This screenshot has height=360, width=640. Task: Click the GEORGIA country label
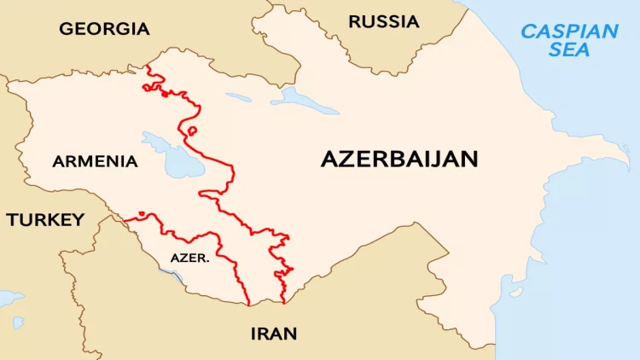point(104,29)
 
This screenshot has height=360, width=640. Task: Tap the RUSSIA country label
point(384,21)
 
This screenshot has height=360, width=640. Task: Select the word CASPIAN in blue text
point(569,32)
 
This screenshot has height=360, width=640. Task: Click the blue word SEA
point(569,50)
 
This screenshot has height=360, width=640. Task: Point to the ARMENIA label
point(95,161)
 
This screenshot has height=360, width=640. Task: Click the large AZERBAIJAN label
point(399,159)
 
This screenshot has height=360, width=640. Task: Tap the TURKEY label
point(45,220)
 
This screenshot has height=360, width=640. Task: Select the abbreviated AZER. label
point(190,257)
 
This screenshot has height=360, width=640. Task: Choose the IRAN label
point(274,334)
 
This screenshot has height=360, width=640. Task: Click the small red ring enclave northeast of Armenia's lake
point(192,131)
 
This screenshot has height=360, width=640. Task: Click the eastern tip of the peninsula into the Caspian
point(627,162)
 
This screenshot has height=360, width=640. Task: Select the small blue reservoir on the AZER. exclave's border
point(174,276)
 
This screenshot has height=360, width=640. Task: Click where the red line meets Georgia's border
point(148,66)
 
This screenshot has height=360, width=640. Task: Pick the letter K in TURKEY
point(51,220)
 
